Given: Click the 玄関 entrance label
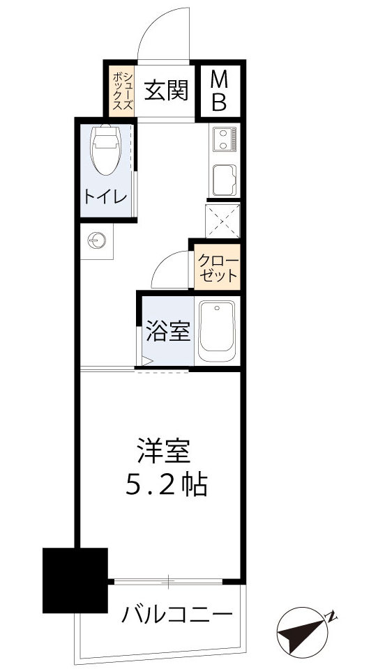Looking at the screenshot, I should click(x=167, y=91).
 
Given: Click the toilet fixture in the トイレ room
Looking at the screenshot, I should click(x=106, y=149).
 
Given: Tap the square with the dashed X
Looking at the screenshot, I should click(x=223, y=220).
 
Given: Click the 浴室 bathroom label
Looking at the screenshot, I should click(x=167, y=332).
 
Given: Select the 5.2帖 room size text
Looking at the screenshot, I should click(x=166, y=485).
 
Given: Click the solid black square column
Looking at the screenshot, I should click(x=75, y=579).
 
